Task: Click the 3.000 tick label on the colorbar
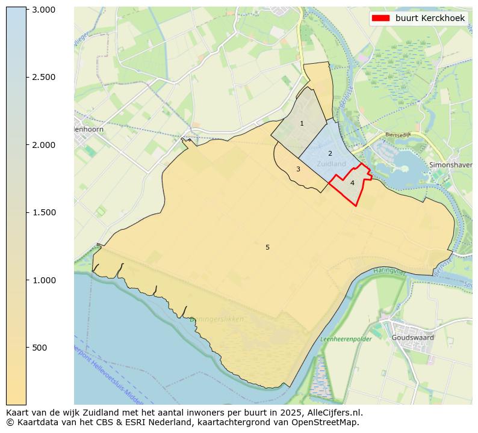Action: point(43,10)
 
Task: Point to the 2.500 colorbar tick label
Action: point(43,77)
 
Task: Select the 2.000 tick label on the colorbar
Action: point(43,145)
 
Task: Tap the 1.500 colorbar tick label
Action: point(43,212)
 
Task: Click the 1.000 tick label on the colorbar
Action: point(43,280)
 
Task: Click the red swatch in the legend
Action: point(380,19)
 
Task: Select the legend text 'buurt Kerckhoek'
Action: point(430,19)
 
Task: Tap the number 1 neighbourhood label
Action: point(302,124)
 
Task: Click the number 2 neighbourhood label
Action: point(330,154)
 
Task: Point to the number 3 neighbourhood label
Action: point(298,170)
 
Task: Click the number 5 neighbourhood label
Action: point(267,247)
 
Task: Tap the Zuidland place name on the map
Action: point(331,164)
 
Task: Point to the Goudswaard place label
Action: point(412,338)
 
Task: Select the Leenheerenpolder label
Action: point(346,339)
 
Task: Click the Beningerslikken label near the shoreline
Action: point(217,319)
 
